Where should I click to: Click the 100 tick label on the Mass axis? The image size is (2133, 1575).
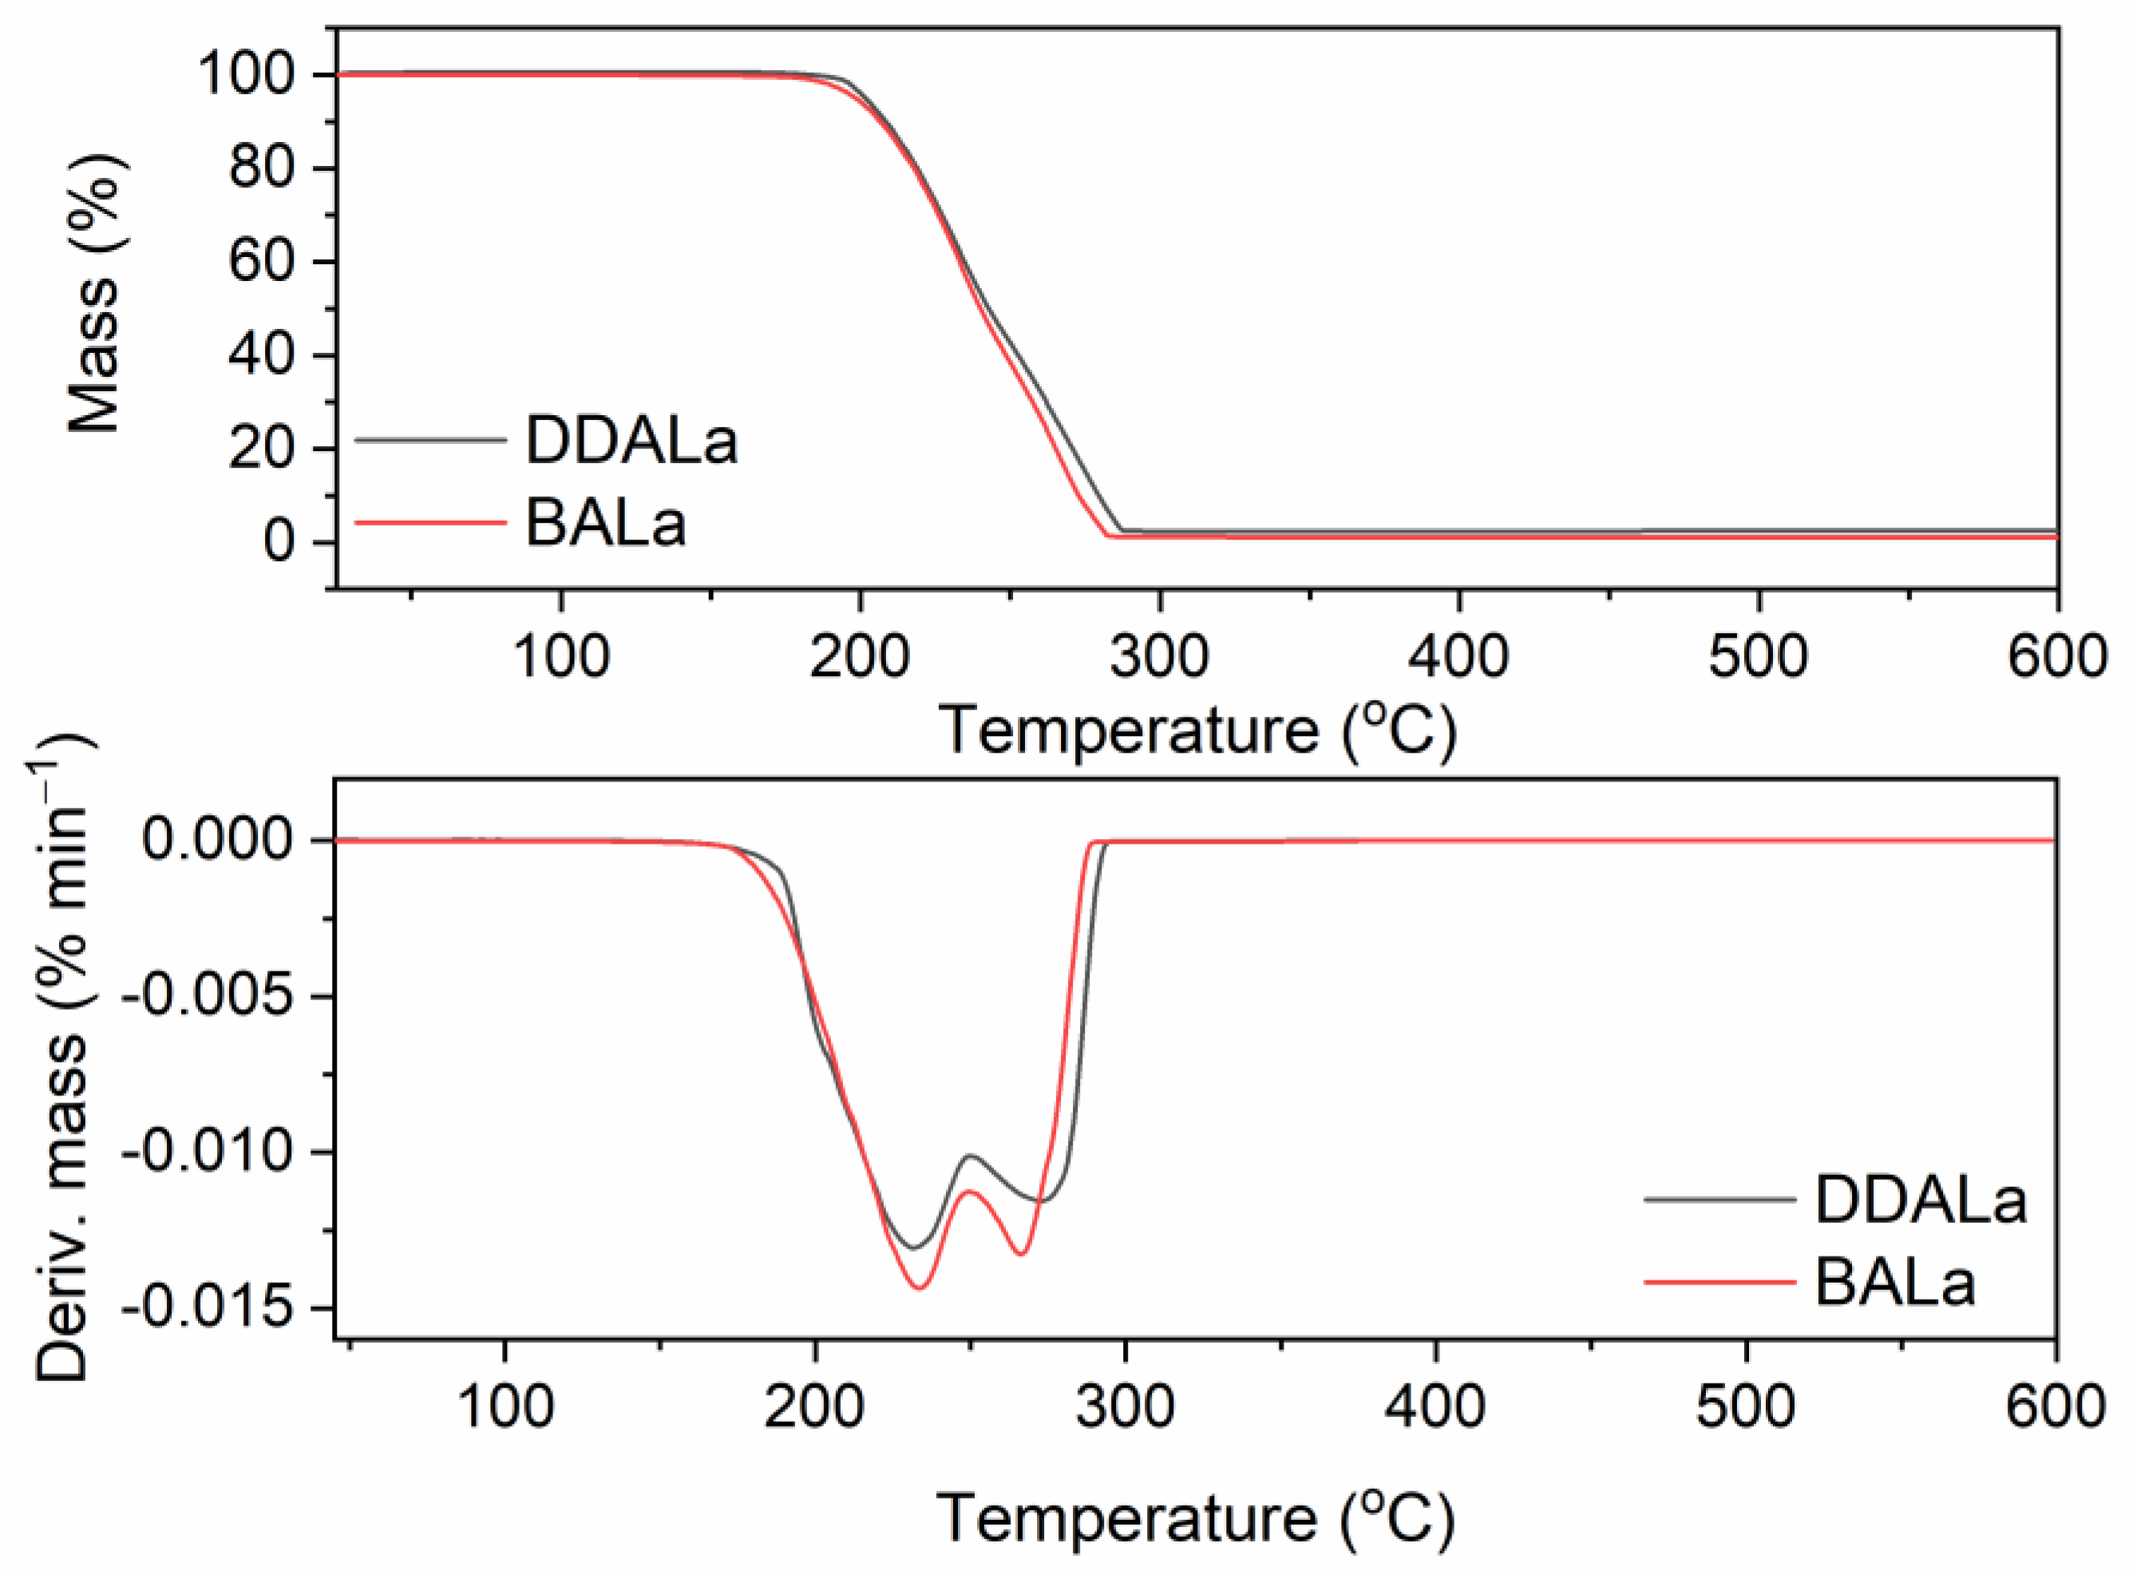(245, 74)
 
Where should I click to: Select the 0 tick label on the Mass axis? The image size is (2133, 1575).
(278, 541)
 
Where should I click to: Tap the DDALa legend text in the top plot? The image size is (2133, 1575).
(631, 441)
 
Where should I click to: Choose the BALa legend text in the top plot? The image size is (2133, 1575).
(605, 524)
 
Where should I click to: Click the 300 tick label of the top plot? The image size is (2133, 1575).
(1159, 657)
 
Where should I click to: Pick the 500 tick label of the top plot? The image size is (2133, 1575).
(1757, 657)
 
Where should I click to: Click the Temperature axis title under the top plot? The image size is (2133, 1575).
(1198, 731)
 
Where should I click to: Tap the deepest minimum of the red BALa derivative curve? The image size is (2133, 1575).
(920, 1289)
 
